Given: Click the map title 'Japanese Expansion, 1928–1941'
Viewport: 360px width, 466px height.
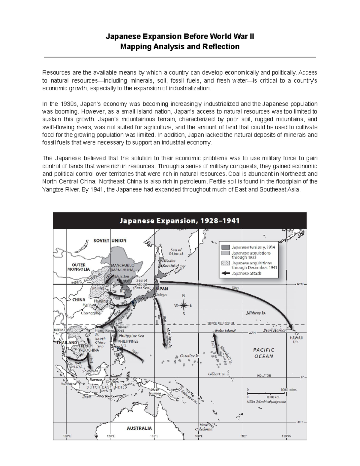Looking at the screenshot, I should [179, 221].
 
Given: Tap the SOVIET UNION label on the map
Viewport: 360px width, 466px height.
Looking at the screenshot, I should [110, 240].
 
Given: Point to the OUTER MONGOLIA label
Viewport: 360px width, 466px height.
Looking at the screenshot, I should [79, 267].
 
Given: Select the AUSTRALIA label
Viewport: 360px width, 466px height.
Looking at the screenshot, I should [139, 428].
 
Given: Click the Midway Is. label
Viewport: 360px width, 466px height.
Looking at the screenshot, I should [256, 313].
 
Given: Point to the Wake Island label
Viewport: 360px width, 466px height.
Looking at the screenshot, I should [225, 331].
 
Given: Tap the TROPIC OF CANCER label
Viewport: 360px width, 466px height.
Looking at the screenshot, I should [220, 323].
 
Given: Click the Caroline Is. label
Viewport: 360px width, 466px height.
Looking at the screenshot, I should [190, 356].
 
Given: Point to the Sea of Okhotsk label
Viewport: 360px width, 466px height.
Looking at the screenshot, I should [177, 252].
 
